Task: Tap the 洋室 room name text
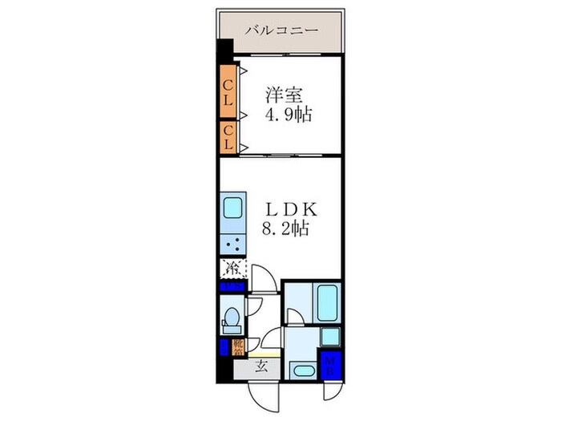285,95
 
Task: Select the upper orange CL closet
228,84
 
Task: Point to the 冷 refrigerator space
233,269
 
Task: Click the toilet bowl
232,319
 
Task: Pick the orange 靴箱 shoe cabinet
238,347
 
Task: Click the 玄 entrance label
261,368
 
